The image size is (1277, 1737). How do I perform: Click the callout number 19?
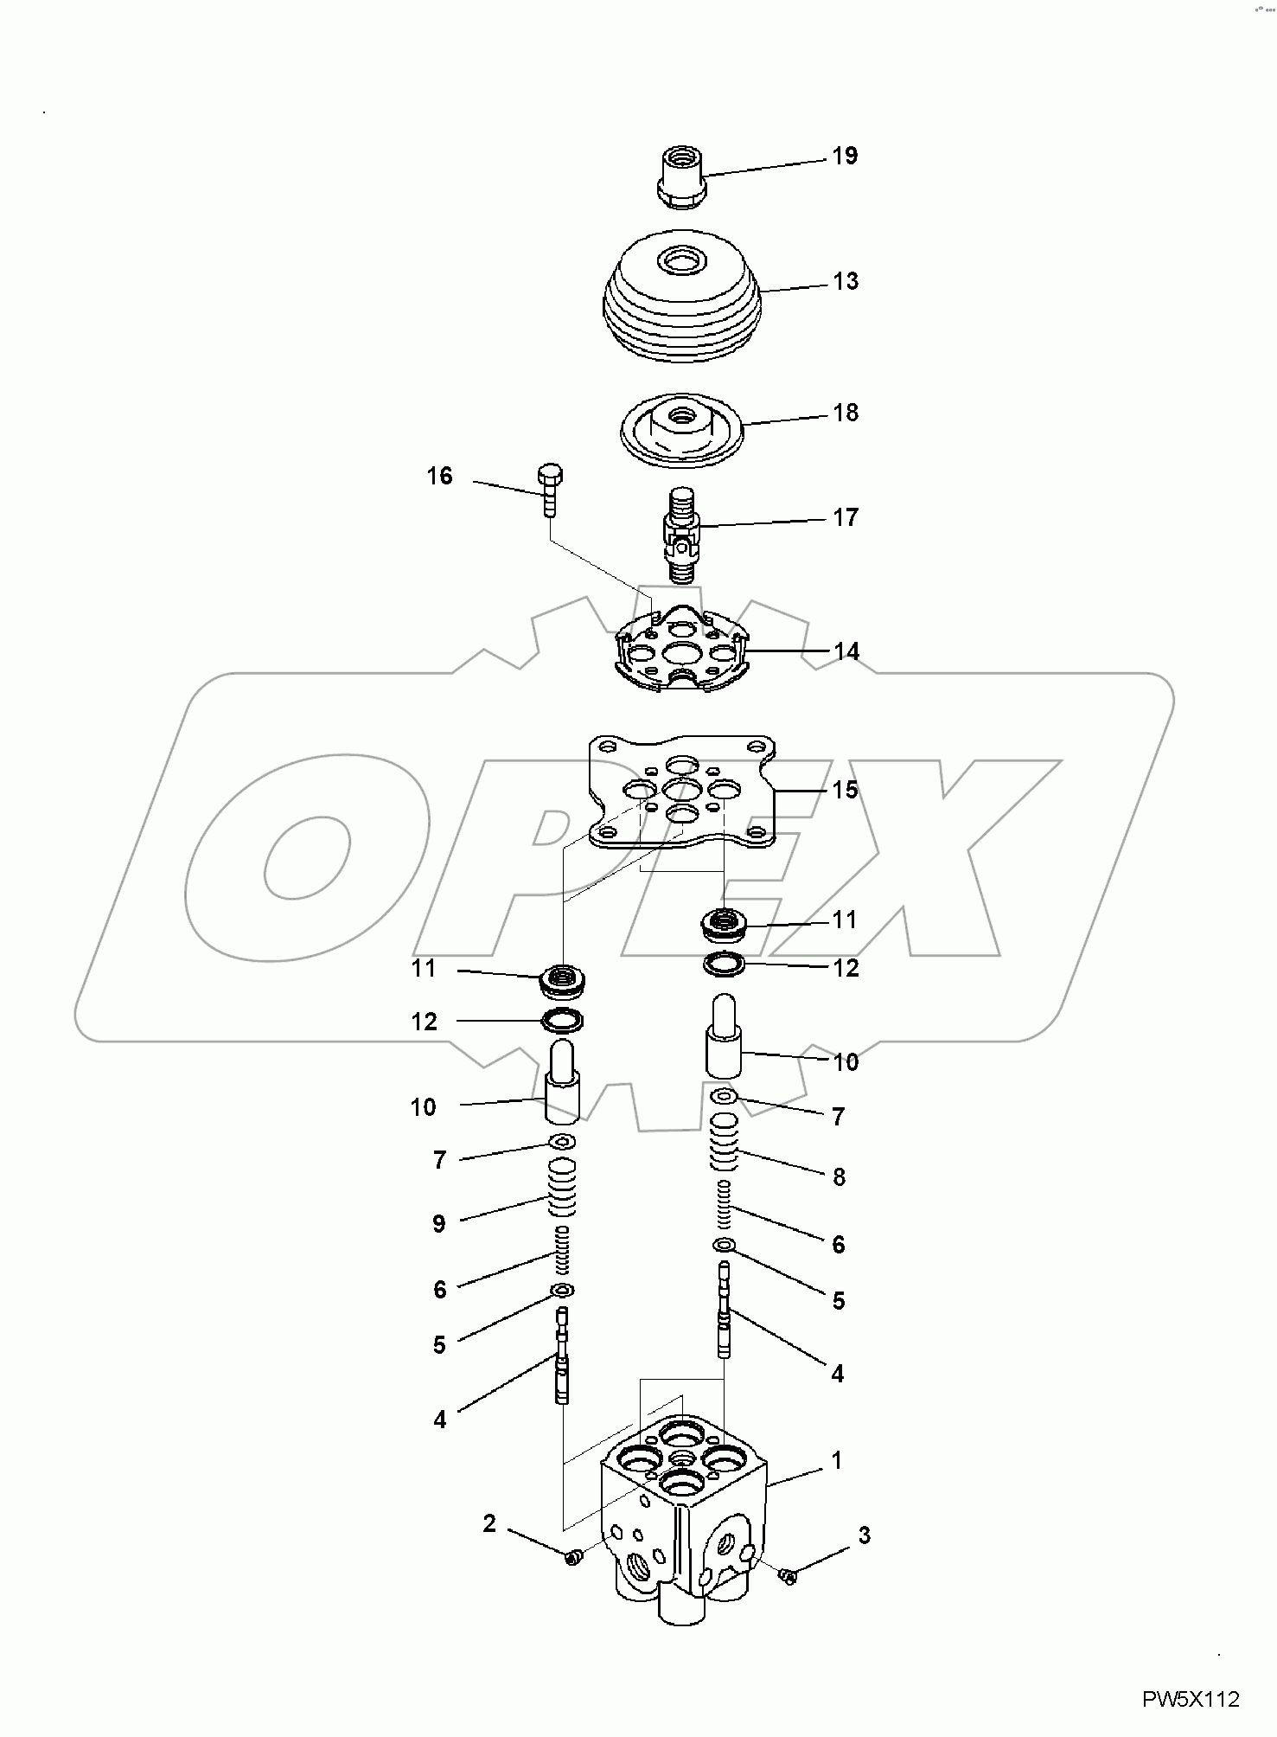pyautogui.click(x=844, y=156)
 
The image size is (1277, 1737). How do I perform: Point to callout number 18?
pyautogui.click(x=845, y=413)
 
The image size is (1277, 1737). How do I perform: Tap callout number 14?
pyautogui.click(x=846, y=651)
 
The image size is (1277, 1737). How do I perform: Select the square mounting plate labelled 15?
pyautogui.click(x=682, y=792)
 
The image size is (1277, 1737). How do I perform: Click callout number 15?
pyautogui.click(x=845, y=790)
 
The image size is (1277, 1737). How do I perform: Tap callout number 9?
pyautogui.click(x=438, y=1223)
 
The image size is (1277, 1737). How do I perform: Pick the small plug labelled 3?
pyautogui.click(x=788, y=1576)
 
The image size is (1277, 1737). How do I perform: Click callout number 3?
pyautogui.click(x=864, y=1535)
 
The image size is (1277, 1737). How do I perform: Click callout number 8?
pyautogui.click(x=838, y=1176)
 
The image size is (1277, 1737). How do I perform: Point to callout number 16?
pyautogui.click(x=439, y=476)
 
